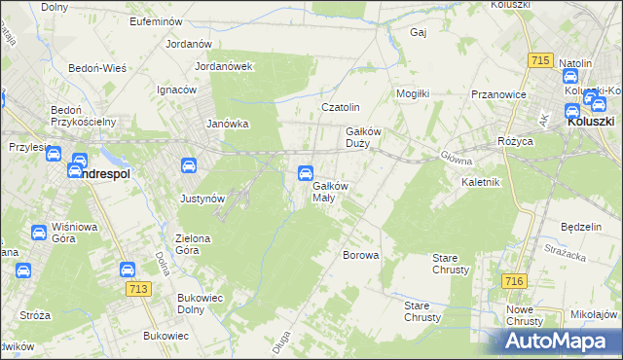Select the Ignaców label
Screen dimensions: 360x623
click(176, 89)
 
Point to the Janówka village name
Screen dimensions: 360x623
click(229, 124)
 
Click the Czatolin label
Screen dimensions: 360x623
click(341, 107)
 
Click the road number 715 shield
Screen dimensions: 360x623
click(541, 60)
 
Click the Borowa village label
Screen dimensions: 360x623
click(360, 255)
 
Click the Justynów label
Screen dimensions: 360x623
click(202, 198)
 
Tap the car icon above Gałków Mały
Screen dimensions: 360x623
click(305, 173)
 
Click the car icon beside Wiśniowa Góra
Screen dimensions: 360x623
click(38, 233)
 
